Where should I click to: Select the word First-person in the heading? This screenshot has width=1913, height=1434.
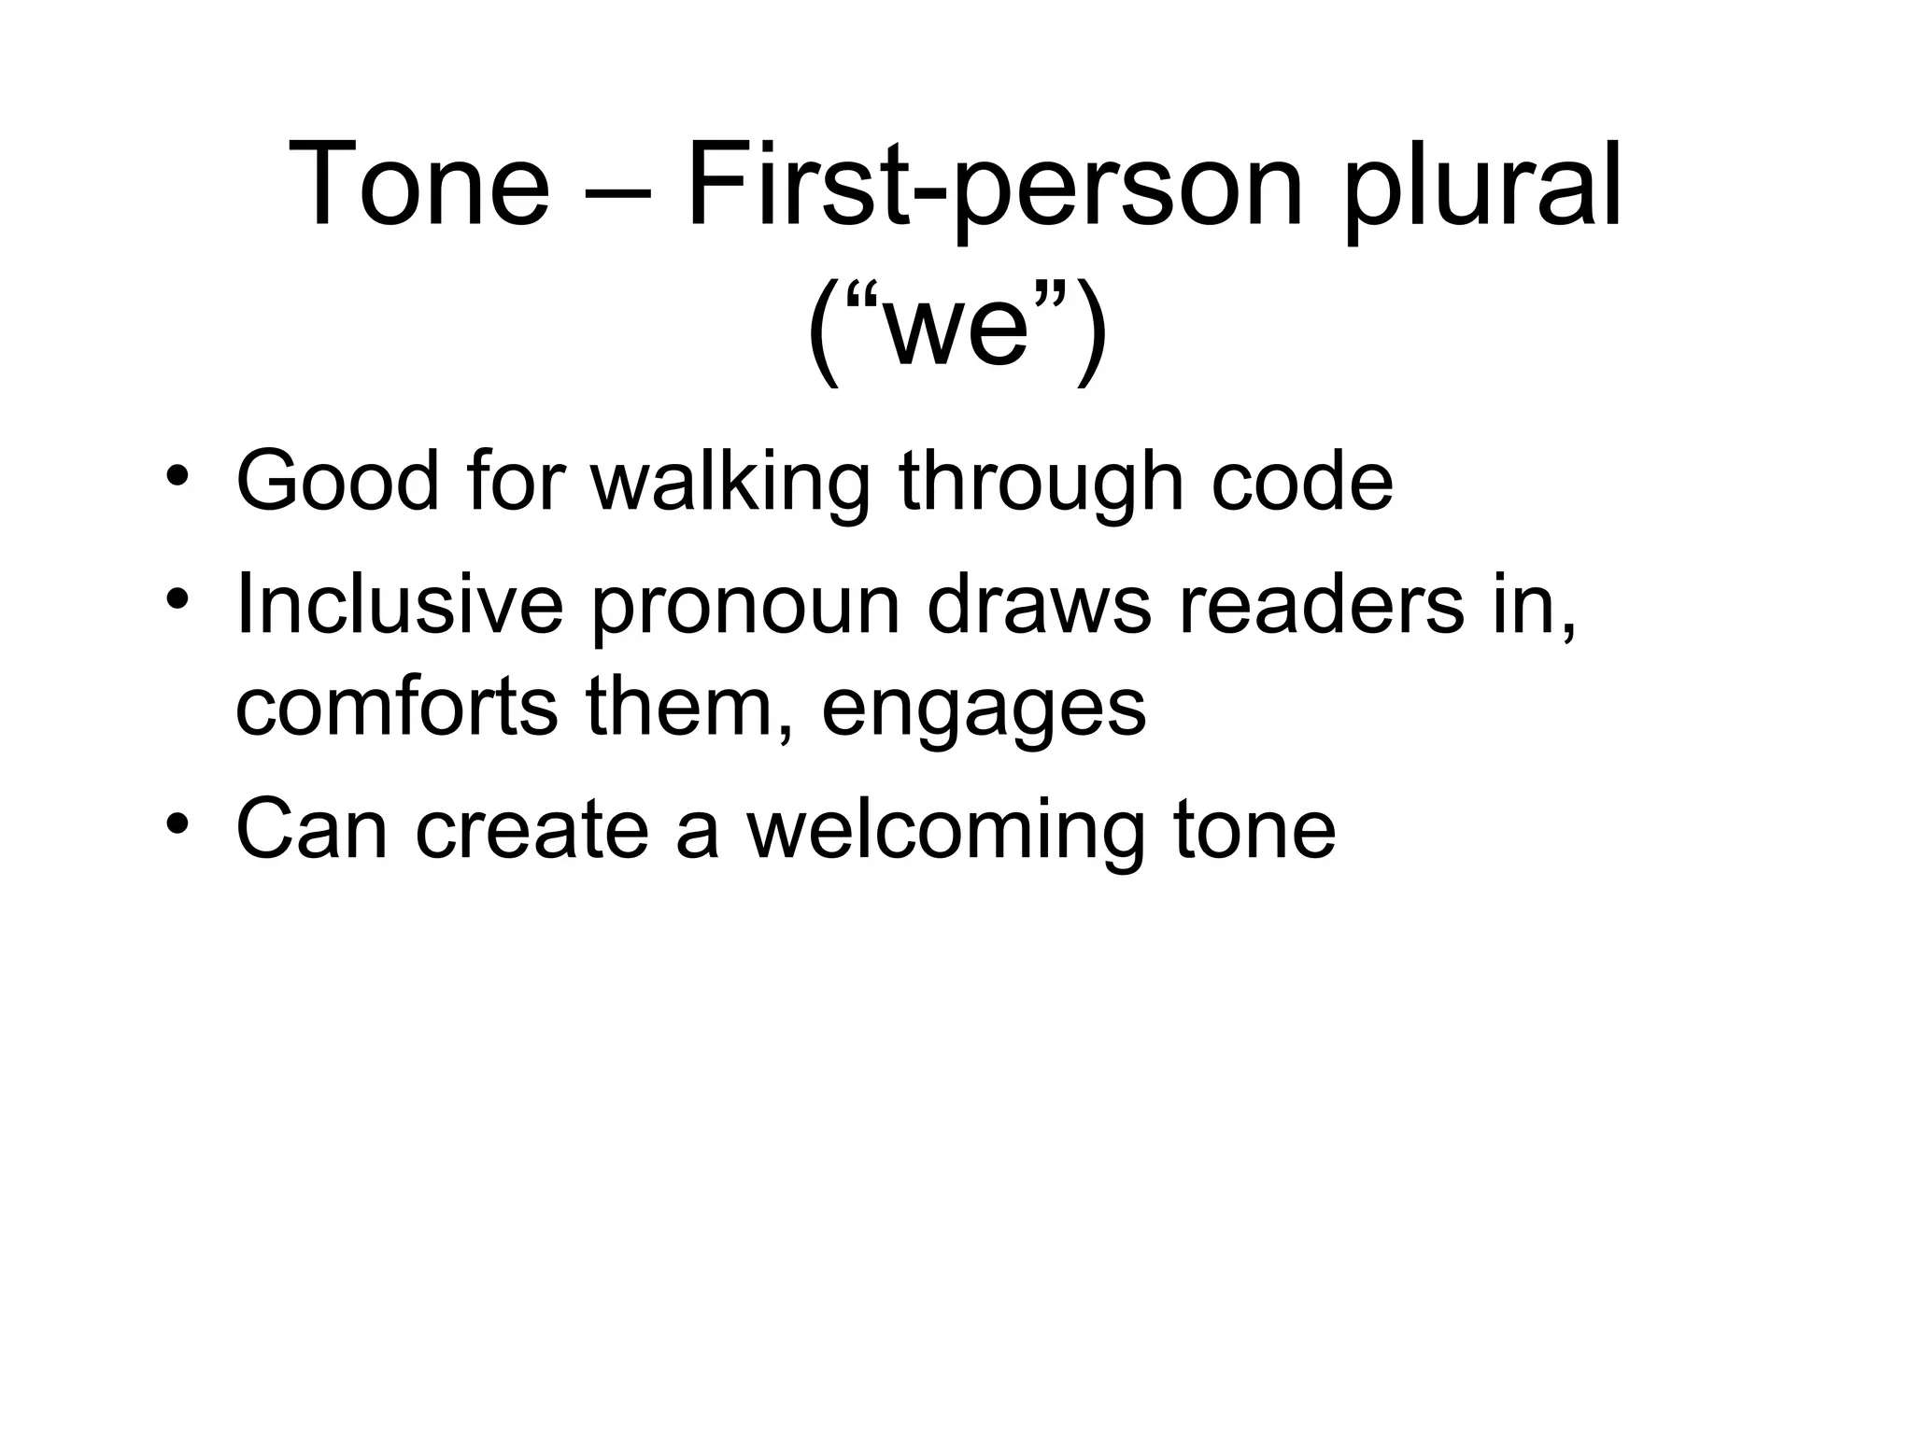click(994, 184)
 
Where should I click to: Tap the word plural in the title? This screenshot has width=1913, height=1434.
click(1482, 184)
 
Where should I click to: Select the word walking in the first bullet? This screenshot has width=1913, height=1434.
click(730, 482)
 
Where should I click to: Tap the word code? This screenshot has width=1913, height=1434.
click(1302, 482)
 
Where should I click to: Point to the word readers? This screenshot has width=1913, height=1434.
click(1323, 605)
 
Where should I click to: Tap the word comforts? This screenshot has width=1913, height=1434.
click(396, 706)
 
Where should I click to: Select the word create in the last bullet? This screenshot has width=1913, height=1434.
click(531, 829)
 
